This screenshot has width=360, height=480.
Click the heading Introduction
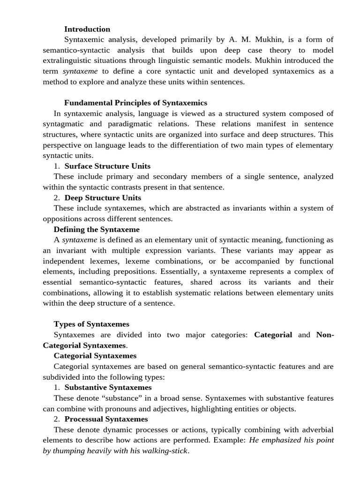pyautogui.click(x=87, y=29)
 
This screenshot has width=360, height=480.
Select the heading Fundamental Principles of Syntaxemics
pyautogui.click(x=135, y=103)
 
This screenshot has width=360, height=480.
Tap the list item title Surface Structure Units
pyautogui.click(x=107, y=166)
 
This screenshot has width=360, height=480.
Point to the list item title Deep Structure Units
pyautogui.click(x=103, y=197)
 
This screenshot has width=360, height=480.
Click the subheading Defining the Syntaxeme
pyautogui.click(x=97, y=229)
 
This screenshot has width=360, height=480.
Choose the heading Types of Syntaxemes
pyautogui.click(x=91, y=324)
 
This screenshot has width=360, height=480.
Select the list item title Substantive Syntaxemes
pyautogui.click(x=108, y=388)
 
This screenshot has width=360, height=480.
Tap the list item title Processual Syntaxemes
pyautogui.click(x=106, y=419)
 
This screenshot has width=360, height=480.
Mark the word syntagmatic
pyautogui.click(x=65, y=124)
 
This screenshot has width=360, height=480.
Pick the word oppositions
pyautogui.click(x=63, y=218)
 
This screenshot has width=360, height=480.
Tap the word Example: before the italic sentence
pyautogui.click(x=232, y=440)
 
